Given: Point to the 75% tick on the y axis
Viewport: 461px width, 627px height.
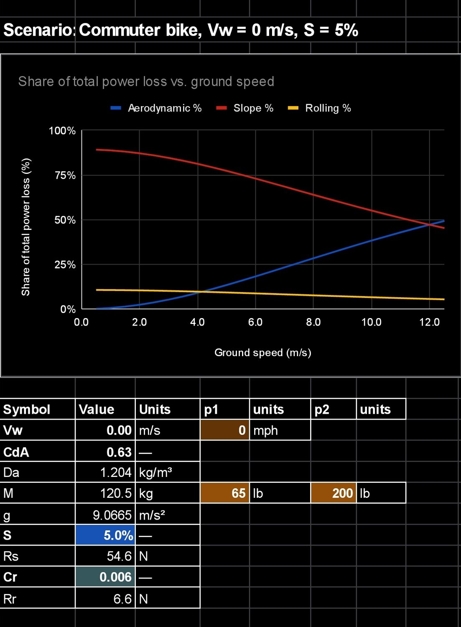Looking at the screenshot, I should [65, 176].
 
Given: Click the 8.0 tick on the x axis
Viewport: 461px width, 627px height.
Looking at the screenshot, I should [313, 322].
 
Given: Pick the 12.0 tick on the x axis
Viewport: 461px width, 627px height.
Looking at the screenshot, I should [429, 322].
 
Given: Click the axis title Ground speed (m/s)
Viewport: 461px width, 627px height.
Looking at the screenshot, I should [262, 353].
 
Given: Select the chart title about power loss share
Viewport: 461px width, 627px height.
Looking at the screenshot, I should [146, 82].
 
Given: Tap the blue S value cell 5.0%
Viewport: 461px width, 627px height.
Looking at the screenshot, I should [105, 535].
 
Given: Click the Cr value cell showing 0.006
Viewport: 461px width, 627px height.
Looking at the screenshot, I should [105, 577].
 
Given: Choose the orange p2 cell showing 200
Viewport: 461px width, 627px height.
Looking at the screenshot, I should [334, 493].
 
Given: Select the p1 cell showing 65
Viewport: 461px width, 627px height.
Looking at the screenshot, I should [225, 493].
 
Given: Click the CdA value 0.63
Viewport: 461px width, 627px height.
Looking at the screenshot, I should [105, 452].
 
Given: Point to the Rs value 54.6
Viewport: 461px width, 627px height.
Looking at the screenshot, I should [105, 556].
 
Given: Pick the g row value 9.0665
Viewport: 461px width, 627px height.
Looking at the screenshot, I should [105, 515].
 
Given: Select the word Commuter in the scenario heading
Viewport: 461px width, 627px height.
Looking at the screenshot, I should [119, 30].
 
